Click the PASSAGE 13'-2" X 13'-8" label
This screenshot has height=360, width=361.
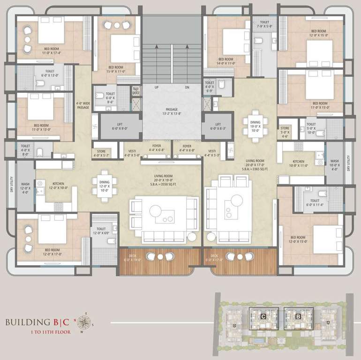tap(171, 112)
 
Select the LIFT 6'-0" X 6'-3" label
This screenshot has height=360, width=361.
tap(218, 126)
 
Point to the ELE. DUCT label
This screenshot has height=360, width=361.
tap(136, 91)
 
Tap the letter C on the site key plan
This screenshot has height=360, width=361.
tap(264, 317)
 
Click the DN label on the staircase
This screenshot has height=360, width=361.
tap(187, 87)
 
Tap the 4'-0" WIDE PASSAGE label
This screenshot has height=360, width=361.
tap(83, 105)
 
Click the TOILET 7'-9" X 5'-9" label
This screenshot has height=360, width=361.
tap(264, 24)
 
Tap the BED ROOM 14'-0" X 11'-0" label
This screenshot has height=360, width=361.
tap(226, 61)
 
